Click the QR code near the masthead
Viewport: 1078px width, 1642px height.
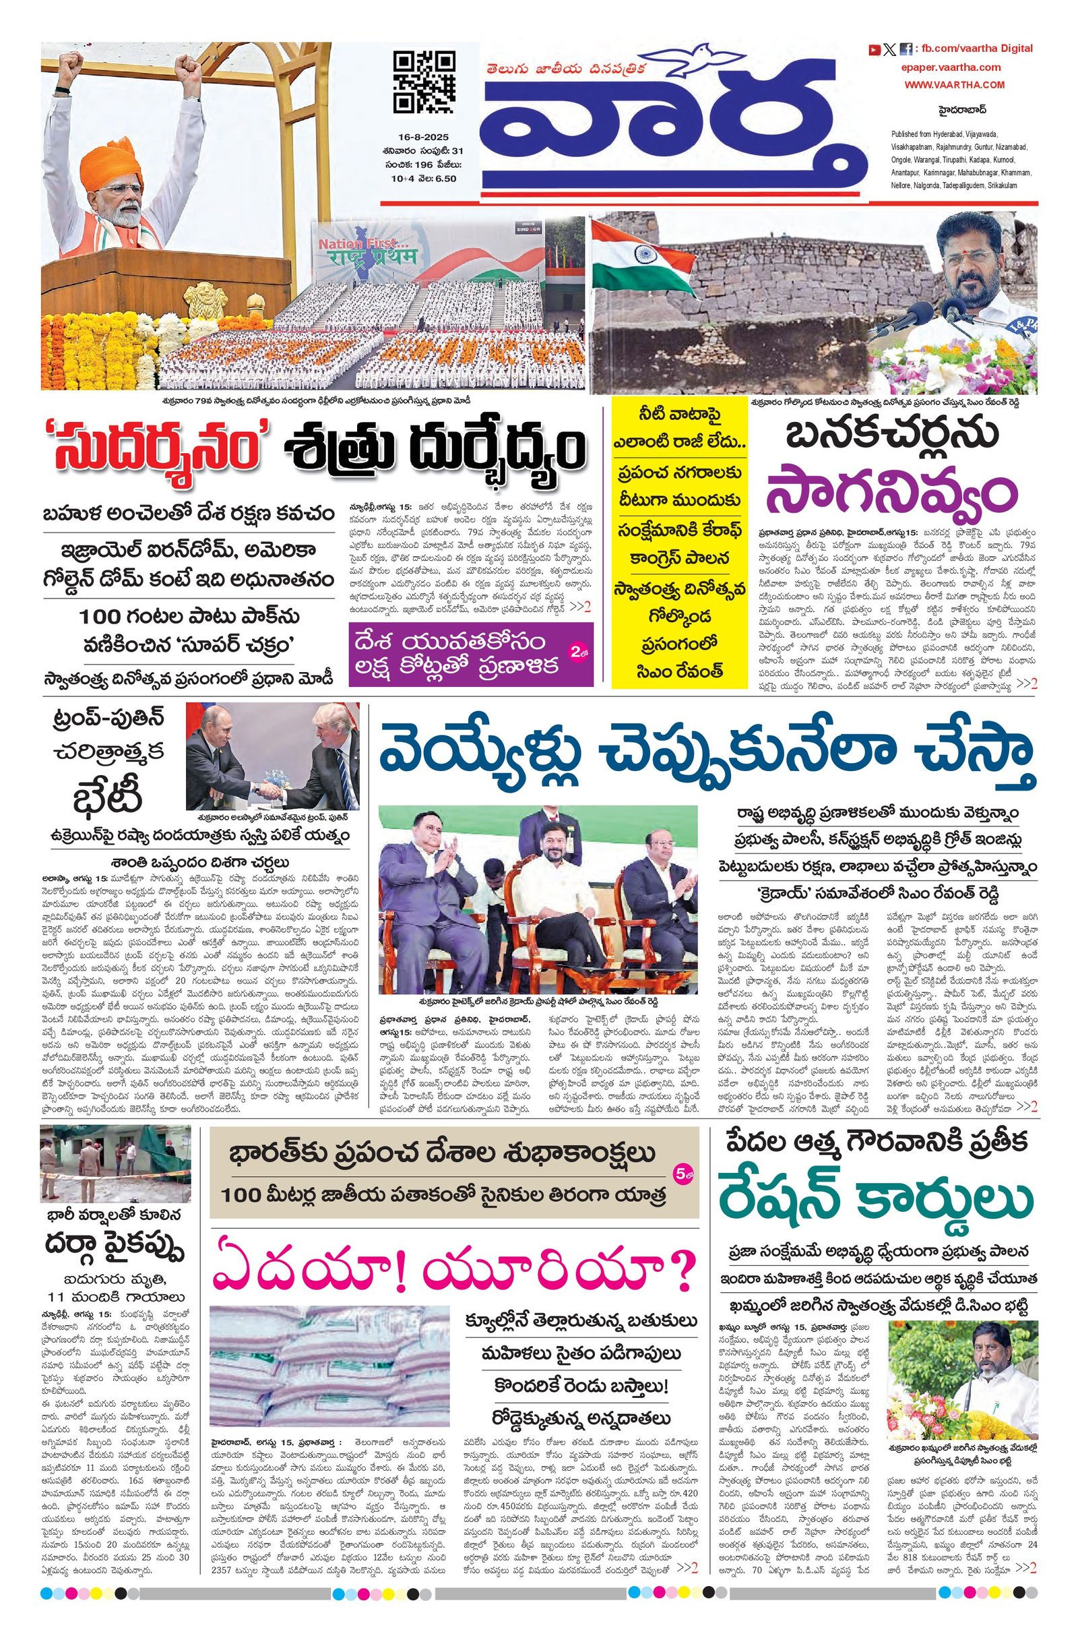pyautogui.click(x=424, y=82)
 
